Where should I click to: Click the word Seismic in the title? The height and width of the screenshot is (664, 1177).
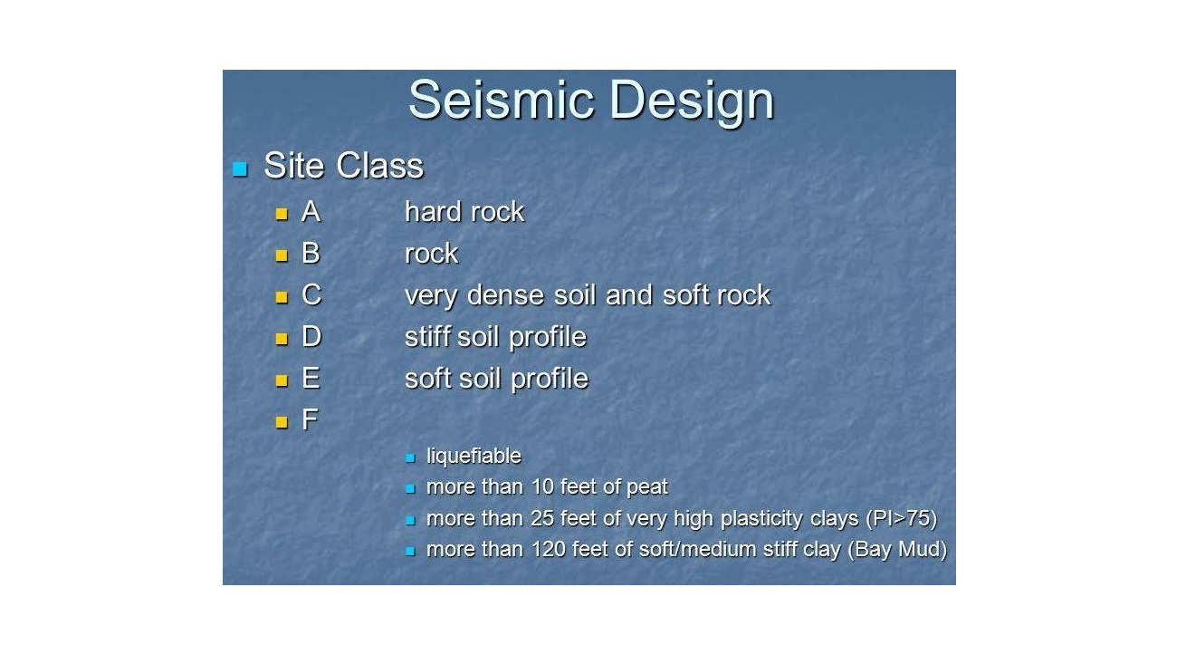tap(502, 100)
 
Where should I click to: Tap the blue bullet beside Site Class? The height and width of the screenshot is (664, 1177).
tap(240, 168)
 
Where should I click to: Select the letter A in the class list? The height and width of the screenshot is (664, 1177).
tap(311, 212)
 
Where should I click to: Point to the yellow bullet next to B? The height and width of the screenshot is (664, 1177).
tap(282, 255)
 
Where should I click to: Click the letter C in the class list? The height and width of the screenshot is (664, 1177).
tap(311, 295)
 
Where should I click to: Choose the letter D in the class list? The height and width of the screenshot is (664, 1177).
tap(311, 336)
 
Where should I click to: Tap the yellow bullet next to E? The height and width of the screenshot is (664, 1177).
tap(282, 380)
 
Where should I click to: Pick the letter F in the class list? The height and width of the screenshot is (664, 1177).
tap(310, 419)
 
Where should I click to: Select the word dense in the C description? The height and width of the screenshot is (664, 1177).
tap(506, 295)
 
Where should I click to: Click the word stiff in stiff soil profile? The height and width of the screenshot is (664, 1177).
tap(429, 336)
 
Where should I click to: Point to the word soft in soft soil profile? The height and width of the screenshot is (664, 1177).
tap(429, 378)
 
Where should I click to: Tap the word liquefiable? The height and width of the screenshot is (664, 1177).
tap(474, 457)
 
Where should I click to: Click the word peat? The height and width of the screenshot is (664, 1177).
tap(646, 486)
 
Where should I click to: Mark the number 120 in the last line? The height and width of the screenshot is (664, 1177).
tap(549, 549)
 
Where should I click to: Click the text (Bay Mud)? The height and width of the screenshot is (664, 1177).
tap(897, 550)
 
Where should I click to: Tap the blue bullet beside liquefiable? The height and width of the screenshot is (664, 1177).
tap(410, 457)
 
